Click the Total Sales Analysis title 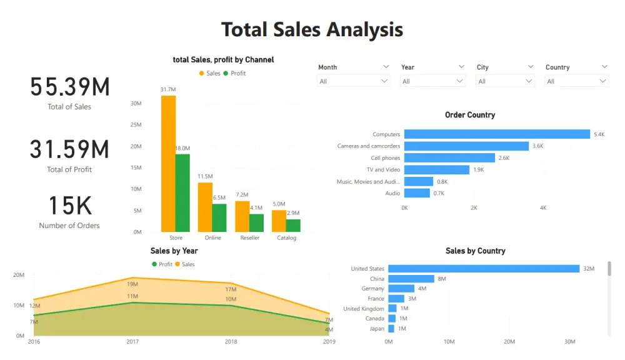[x=312, y=29]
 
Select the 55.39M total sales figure [x=69, y=87]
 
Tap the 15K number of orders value [x=69, y=206]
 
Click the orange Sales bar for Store [x=168, y=163]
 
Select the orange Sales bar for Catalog [x=279, y=221]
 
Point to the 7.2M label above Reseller [x=242, y=195]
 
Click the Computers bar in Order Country [x=497, y=134]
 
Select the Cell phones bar [x=449, y=158]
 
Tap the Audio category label [x=392, y=194]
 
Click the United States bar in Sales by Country [x=484, y=269]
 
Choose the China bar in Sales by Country [x=411, y=279]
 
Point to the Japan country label [x=376, y=329]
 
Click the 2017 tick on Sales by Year [x=132, y=342]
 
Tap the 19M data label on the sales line [x=132, y=284]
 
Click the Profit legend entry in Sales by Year [x=162, y=264]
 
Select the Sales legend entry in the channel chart [x=209, y=74]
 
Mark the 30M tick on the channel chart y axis [x=136, y=104]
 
